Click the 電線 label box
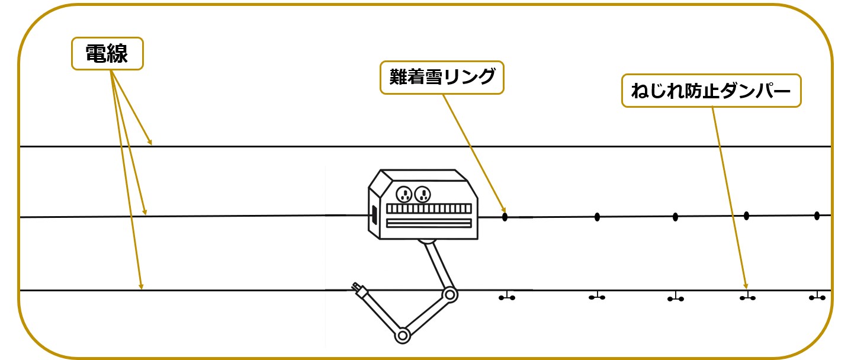107,54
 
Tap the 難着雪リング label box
442,77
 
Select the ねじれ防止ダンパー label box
711,91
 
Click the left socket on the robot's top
404,194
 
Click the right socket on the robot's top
422,194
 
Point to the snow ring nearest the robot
505,217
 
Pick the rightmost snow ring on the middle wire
817,216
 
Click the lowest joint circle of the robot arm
403,336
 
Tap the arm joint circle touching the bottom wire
450,293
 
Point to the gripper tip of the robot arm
358,288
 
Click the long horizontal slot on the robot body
429,223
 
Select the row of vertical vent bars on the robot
429,208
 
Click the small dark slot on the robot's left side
374,216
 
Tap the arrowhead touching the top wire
150,142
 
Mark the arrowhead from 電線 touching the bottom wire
141,287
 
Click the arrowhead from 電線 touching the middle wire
144,211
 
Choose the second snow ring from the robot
597,217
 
